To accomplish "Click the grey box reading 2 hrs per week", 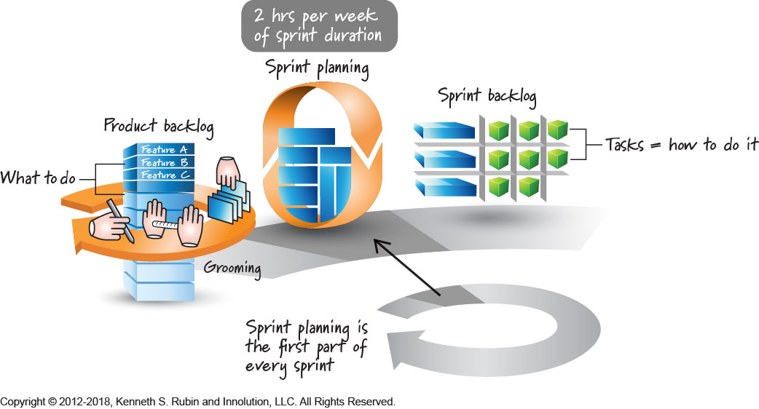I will click(320, 24).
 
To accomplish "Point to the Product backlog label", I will click(159, 125).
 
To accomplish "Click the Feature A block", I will click(164, 150).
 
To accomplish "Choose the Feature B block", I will click(164, 162).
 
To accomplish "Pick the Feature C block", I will click(164, 175).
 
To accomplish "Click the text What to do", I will click(39, 178).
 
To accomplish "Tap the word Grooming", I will click(232, 268).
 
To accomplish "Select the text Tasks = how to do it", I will click(681, 145).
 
